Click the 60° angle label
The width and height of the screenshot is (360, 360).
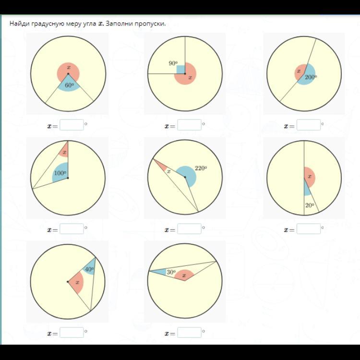tap(70, 85)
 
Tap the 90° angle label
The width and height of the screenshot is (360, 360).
tap(173, 63)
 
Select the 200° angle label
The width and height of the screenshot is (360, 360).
tap(311, 77)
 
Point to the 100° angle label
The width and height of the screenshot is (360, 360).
tap(60, 173)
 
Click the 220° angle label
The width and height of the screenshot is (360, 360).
tap(201, 168)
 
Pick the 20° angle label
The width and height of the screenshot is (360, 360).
tap(310, 205)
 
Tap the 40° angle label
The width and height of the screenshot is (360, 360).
tap(89, 269)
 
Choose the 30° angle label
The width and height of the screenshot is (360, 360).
tap(171, 272)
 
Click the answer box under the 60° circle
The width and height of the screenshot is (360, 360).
tap(72, 125)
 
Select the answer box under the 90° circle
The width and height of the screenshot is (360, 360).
tap(190, 125)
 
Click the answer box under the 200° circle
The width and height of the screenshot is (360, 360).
tap(309, 125)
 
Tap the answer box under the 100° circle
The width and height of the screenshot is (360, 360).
tap(72, 228)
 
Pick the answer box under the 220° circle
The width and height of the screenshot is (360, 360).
tap(190, 228)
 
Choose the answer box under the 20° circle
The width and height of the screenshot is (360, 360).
tap(309, 228)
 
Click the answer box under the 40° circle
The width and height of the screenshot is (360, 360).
tap(72, 333)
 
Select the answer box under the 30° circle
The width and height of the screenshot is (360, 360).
tap(190, 333)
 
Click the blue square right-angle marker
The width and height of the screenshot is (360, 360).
tap(180, 70)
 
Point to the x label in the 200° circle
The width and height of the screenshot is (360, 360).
tap(299, 71)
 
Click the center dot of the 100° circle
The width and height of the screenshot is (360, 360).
tap(68, 178)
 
